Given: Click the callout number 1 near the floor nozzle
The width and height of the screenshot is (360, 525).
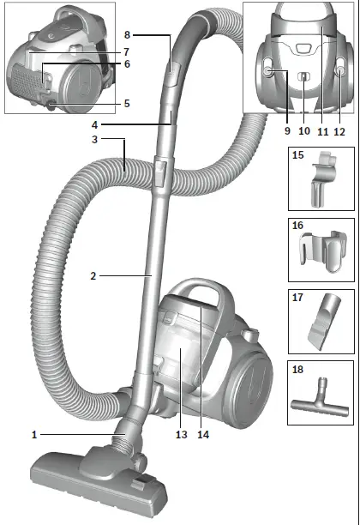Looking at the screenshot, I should tap(34, 435).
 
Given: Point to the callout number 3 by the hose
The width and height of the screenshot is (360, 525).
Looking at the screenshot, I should tap(96, 140).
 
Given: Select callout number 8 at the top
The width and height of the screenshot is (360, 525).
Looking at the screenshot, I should tap(127, 35).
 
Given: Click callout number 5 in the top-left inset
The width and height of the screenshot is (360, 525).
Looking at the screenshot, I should tap(127, 104).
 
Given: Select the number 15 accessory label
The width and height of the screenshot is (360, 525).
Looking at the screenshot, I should tap(297, 156).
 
